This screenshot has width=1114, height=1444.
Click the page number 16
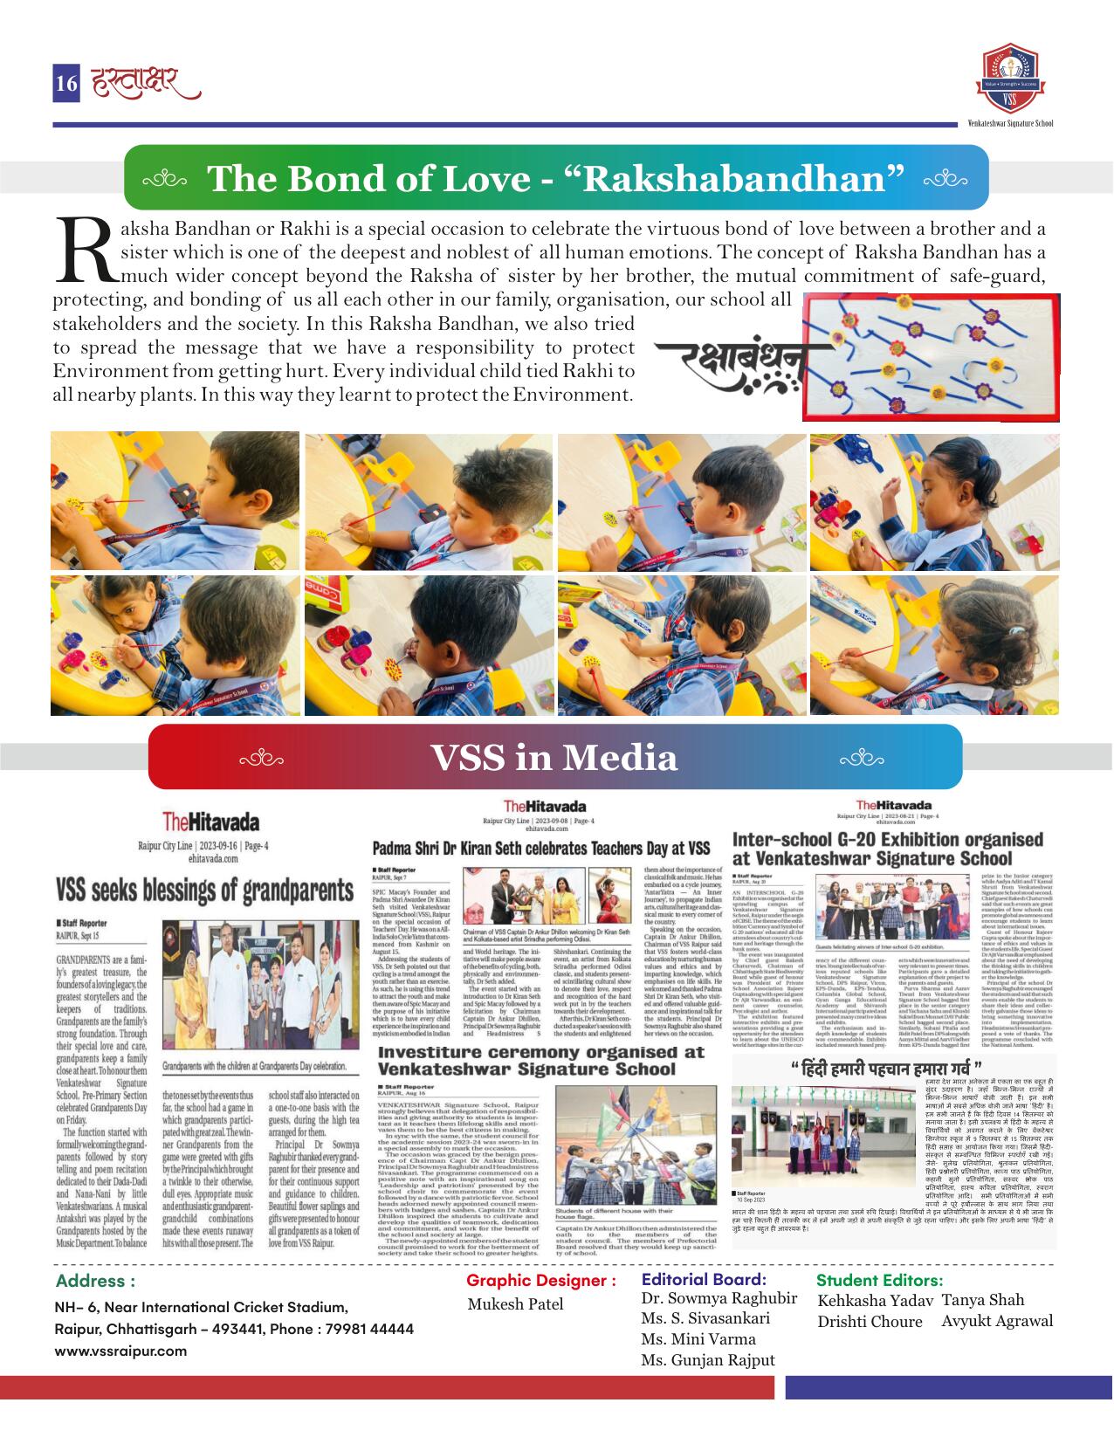(x=66, y=83)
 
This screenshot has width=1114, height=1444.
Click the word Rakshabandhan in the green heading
(x=741, y=178)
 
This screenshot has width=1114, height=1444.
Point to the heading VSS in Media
(x=554, y=757)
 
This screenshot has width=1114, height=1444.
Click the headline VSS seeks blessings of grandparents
(x=205, y=890)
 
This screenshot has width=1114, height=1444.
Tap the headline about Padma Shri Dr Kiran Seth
(x=541, y=848)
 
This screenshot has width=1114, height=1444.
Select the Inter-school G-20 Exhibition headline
(x=887, y=848)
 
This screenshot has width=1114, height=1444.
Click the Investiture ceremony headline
(x=540, y=1060)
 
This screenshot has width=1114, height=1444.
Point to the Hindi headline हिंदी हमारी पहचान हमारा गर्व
(x=889, y=1069)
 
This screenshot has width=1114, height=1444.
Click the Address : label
(x=95, y=1281)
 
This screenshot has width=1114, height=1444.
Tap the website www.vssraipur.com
(x=120, y=1350)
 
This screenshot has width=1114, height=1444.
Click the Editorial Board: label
(x=703, y=1280)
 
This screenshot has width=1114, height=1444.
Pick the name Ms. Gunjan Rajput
(x=707, y=1360)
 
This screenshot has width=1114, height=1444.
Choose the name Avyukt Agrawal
(x=997, y=1321)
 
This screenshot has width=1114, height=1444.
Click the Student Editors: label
(x=879, y=1280)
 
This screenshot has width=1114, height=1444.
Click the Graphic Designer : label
(x=541, y=1281)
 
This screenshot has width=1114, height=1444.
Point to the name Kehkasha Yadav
(x=876, y=1301)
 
